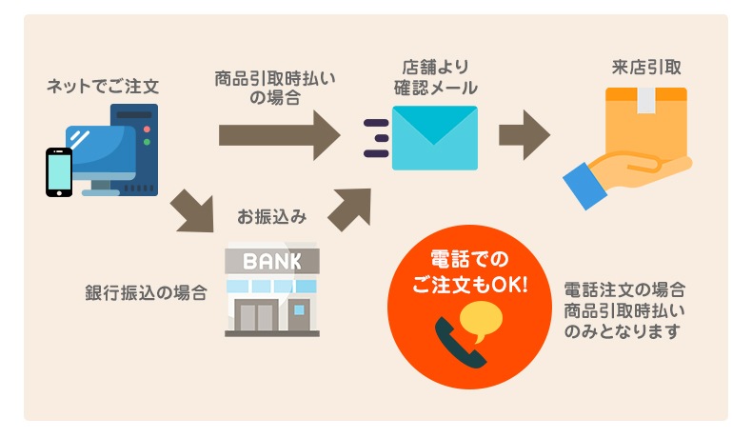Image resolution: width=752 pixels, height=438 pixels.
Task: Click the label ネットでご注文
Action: click(102, 87)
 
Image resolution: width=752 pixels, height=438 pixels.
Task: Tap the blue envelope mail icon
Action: click(434, 137)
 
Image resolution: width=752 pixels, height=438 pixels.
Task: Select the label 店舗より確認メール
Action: click(435, 77)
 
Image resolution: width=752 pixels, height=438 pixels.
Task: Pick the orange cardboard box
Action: click(646, 124)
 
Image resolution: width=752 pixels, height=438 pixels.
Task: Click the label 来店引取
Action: click(646, 69)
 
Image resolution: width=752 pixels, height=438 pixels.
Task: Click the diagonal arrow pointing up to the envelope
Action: click(348, 209)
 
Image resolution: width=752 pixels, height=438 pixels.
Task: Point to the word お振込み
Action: click(271, 216)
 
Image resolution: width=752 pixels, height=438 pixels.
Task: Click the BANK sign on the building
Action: click(271, 259)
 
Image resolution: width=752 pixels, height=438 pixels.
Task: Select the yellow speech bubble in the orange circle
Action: click(481, 321)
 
